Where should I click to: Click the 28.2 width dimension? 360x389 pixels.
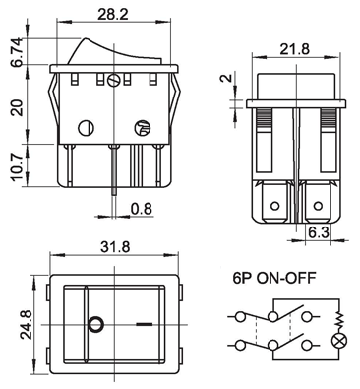coord(113,14)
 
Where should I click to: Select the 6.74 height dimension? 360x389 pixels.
coord(17,52)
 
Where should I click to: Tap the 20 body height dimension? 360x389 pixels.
coord(17,107)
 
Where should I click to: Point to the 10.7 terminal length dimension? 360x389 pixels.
coord(17,166)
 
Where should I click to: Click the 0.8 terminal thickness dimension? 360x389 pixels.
coord(142,209)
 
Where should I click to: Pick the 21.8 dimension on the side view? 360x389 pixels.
coord(295,49)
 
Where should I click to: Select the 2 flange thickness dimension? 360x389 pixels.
coord(226,78)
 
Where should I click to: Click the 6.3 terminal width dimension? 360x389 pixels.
coord(319,232)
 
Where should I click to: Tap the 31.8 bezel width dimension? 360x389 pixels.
coord(115,246)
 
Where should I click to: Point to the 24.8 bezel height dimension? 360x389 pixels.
coord(27,325)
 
